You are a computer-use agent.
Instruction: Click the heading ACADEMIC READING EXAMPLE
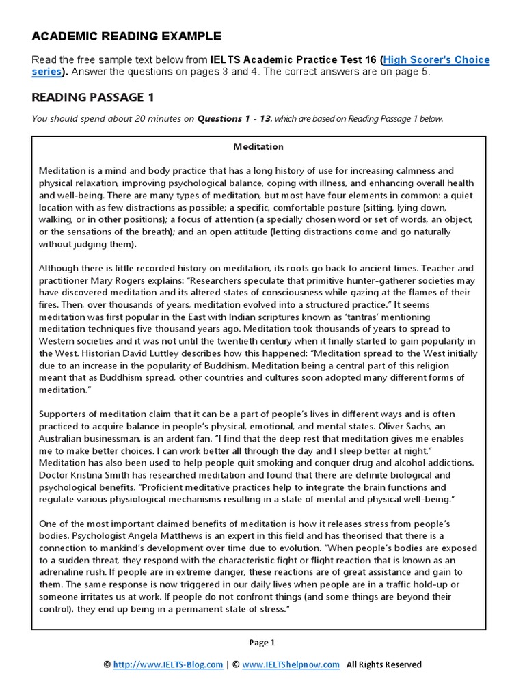[126, 36]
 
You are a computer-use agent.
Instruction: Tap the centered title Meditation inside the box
[258, 146]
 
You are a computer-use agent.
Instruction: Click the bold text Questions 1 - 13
[234, 119]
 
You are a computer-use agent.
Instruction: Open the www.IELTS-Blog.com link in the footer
[167, 664]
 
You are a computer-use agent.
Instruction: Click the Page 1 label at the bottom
[261, 643]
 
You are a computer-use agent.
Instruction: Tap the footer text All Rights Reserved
[384, 664]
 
